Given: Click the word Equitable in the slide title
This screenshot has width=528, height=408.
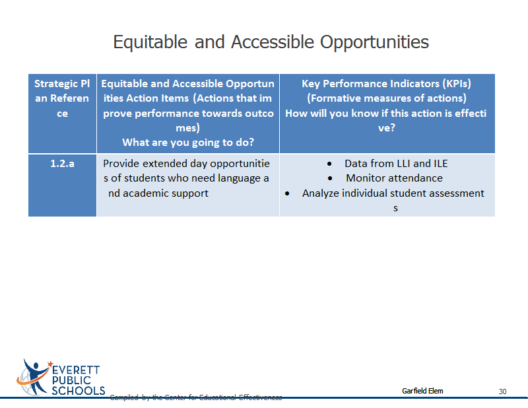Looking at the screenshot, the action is pos(150,42).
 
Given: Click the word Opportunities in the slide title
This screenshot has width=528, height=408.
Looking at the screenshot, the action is pos(374,42).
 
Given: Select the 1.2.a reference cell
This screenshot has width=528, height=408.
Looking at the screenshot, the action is pos(62,185).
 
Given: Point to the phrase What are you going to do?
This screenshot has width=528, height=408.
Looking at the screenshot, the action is pos(188,143).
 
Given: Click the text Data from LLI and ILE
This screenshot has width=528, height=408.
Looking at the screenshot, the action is pos(396,164).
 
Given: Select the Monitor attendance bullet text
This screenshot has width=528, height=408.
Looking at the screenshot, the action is pos(394,178).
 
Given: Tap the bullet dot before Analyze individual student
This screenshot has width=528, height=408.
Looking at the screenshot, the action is pos(287,193).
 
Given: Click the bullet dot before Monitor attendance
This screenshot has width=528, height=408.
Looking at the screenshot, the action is pos(330,178).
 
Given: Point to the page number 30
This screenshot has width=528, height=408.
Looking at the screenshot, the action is pos(502,391).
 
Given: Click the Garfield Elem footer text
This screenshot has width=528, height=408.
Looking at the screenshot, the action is pos(422,391).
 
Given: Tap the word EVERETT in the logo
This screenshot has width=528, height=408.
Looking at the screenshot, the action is pos(76,370).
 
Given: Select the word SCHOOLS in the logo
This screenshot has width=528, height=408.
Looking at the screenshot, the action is pos(78,391).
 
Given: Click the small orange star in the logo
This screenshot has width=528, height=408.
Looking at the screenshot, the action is pos(51,364).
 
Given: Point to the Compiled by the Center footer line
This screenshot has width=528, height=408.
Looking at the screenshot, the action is pos(196,397).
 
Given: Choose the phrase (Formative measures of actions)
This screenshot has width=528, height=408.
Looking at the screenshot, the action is pos(387,98).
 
